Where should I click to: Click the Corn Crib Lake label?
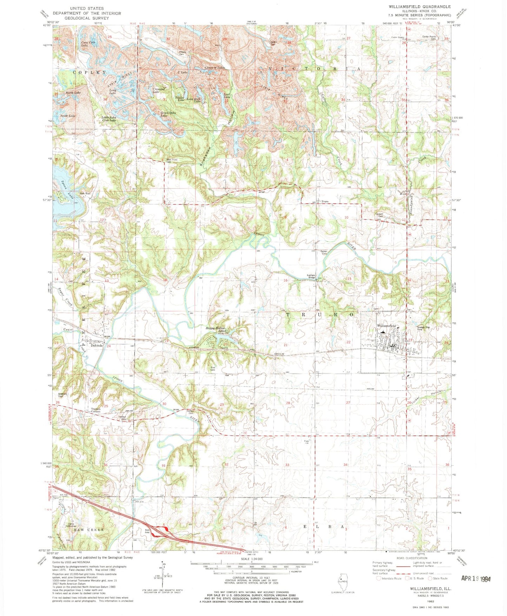[88, 44]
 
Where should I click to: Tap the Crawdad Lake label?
[159, 90]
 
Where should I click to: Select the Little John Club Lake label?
[108, 119]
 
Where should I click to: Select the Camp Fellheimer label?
[72, 525]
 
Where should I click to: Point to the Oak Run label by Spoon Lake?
[85, 193]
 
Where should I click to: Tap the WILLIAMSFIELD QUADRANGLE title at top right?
[419, 7]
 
